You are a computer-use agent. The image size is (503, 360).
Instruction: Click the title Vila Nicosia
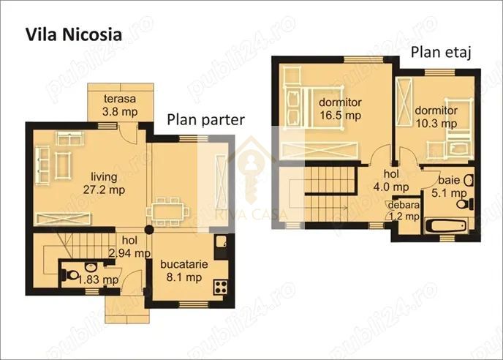pos(74,34)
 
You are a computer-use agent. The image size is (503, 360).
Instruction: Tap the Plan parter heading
pos(205,120)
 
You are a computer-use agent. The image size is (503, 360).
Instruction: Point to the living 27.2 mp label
pos(107,183)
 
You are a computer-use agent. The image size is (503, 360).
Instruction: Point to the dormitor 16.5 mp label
pos(340,108)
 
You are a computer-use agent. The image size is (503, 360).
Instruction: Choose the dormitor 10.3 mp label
pos(436,117)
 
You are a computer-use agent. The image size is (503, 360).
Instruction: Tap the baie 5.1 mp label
pos(450,186)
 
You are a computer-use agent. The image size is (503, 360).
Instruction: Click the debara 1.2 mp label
pos(403,210)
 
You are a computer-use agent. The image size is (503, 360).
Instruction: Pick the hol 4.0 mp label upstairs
pos(396,180)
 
